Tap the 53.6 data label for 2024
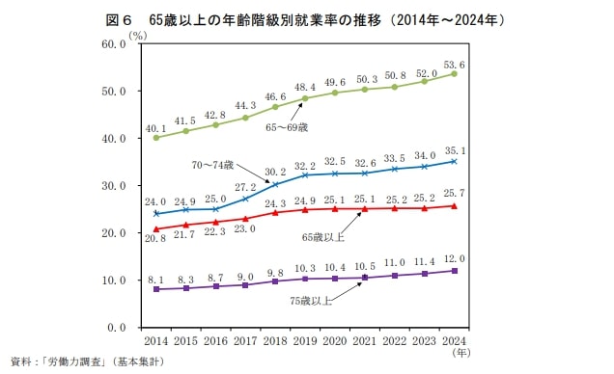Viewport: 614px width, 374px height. tap(455, 65)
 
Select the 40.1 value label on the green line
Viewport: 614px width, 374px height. tap(156, 127)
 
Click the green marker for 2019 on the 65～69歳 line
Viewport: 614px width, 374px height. tap(305, 98)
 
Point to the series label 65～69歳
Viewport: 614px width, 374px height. tap(289, 126)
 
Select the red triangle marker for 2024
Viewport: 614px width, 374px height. tap(455, 206)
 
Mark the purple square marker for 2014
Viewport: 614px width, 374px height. tap(156, 289)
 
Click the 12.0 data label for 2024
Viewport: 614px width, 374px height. tap(455, 259)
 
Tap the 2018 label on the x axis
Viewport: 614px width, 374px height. tap(275, 341)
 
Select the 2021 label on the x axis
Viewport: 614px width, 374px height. tap(365, 341)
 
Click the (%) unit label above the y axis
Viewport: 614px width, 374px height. tap(138, 35)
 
